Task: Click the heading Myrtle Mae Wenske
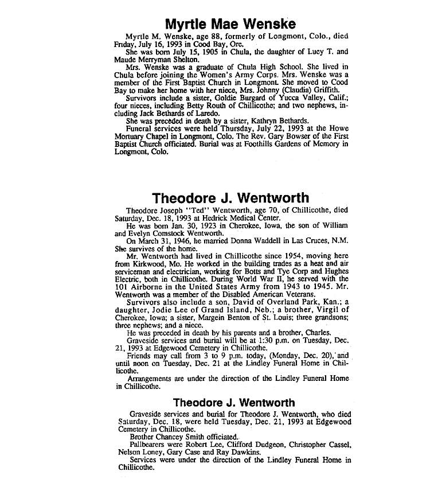pyautogui.click(x=230, y=24)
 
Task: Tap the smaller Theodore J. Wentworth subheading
pyautogui.click(x=234, y=402)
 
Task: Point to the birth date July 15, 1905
pyautogui.click(x=178, y=51)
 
